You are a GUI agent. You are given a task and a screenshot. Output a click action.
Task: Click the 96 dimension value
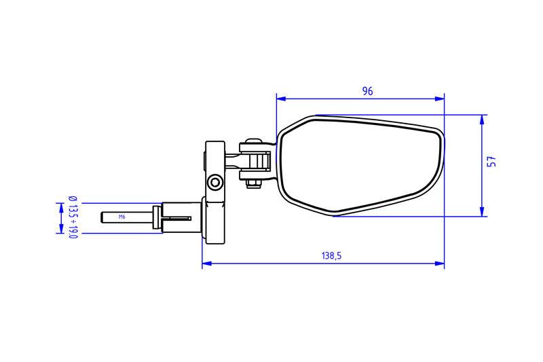coord(367,91)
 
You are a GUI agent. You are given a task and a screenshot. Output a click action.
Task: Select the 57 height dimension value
coord(493,162)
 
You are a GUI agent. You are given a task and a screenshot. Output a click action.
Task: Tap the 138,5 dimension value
coord(331,256)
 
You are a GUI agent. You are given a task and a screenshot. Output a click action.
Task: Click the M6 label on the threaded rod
coord(122,217)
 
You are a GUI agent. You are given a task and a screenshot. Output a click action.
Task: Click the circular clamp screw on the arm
coord(215,182)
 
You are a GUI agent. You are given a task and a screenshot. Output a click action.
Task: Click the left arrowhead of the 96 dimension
coord(280,98)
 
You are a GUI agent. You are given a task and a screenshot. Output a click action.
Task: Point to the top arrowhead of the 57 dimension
coord(482,119)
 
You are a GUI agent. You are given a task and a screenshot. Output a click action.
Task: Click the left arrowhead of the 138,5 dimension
coord(206,264)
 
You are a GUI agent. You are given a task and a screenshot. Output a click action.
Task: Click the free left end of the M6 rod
coord(102,217)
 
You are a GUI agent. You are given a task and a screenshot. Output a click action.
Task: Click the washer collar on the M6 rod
coord(157,217)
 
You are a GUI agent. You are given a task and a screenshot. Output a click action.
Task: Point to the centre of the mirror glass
coord(360,165)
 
